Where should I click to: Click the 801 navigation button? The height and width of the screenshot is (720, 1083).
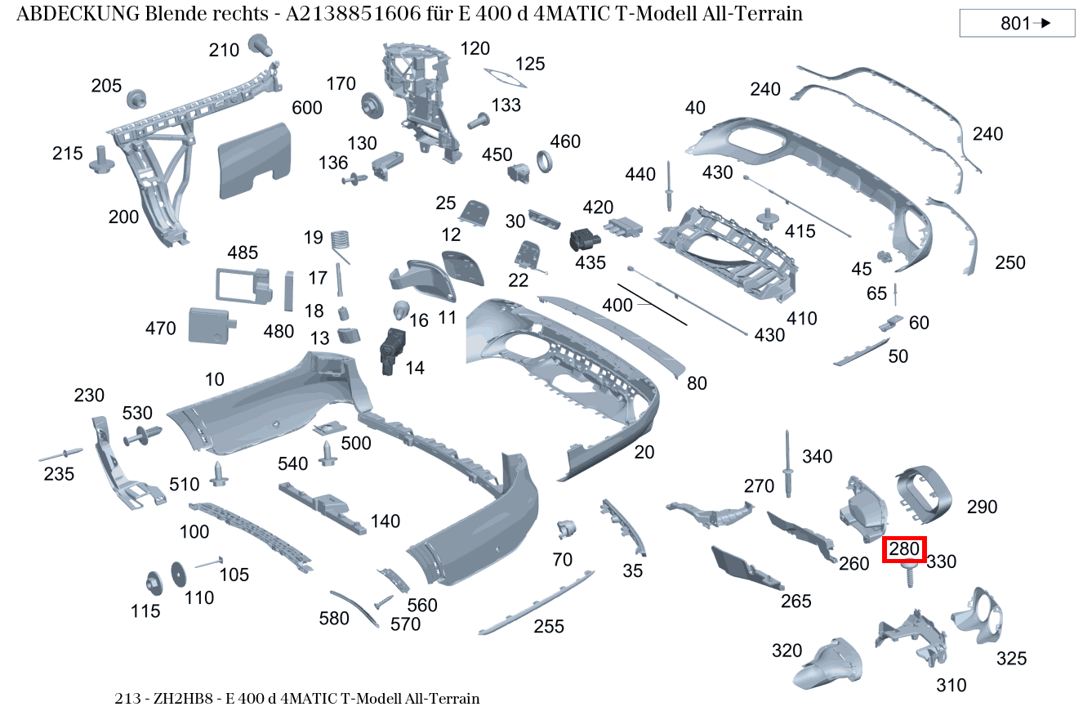click(x=1017, y=24)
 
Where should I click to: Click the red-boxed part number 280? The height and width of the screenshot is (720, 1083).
click(x=904, y=550)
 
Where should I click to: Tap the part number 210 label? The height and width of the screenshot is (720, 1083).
click(x=223, y=51)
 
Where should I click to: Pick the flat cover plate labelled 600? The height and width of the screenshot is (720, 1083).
click(x=254, y=162)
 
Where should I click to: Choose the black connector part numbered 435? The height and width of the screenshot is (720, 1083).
click(x=583, y=241)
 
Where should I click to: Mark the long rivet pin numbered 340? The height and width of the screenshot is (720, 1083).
click(x=788, y=463)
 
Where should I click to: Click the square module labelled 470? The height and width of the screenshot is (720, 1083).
click(x=210, y=325)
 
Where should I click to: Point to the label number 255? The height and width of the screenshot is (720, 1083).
click(x=549, y=627)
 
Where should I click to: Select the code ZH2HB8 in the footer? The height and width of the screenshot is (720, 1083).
click(x=189, y=699)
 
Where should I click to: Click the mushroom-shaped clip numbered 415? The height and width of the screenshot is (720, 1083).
click(x=766, y=219)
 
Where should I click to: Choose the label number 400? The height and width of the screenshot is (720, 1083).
click(x=617, y=305)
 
